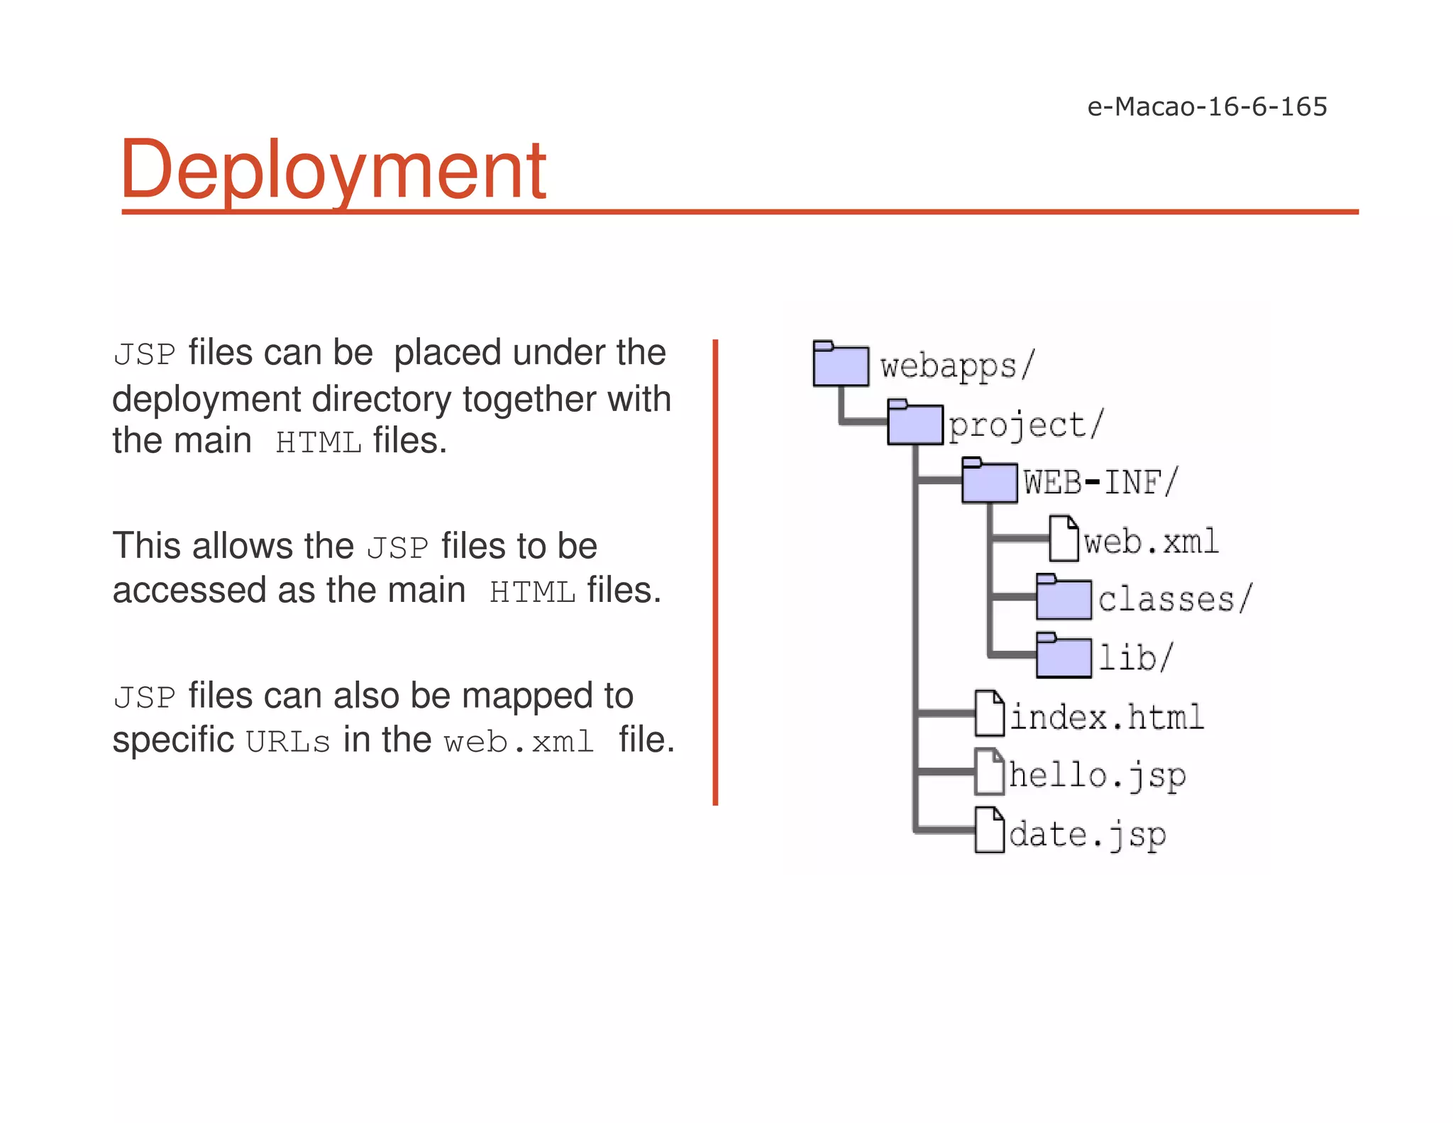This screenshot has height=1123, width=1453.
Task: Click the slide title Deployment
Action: [333, 170]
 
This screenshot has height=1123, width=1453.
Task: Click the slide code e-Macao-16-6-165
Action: [1207, 106]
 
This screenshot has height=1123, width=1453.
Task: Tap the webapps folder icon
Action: [841, 364]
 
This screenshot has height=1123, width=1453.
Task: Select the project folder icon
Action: [915, 423]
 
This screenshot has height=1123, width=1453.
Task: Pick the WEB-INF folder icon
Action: [990, 481]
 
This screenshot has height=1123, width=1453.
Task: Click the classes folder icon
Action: [1063, 598]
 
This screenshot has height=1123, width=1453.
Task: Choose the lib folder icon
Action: [1063, 656]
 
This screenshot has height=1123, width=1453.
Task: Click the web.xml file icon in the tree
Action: [1064, 539]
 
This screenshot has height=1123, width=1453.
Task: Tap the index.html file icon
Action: [990, 713]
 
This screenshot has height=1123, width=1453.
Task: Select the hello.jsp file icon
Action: [990, 772]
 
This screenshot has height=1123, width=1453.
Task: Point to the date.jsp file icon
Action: [990, 830]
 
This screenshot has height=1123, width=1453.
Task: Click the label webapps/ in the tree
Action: [958, 366]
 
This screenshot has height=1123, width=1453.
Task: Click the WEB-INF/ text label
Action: [1100, 483]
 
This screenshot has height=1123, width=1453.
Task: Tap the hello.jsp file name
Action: [1098, 774]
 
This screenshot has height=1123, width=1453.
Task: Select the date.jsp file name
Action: [1088, 834]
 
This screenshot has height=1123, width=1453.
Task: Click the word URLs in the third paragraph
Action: [288, 743]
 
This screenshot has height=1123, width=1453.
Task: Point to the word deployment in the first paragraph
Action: [206, 400]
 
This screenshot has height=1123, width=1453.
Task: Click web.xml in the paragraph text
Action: [519, 743]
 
